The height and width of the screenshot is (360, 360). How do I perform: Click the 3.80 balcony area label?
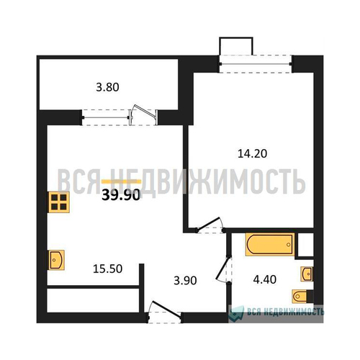tap(107, 91)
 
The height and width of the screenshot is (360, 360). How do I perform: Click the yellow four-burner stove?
tap(58, 202)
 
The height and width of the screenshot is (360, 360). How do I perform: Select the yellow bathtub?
tap(269, 244)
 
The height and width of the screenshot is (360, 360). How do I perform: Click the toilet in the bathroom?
tap(300, 295)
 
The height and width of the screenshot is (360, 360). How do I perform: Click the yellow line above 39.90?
tap(120, 181)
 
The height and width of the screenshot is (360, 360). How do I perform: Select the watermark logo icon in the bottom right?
tap(234, 312)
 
